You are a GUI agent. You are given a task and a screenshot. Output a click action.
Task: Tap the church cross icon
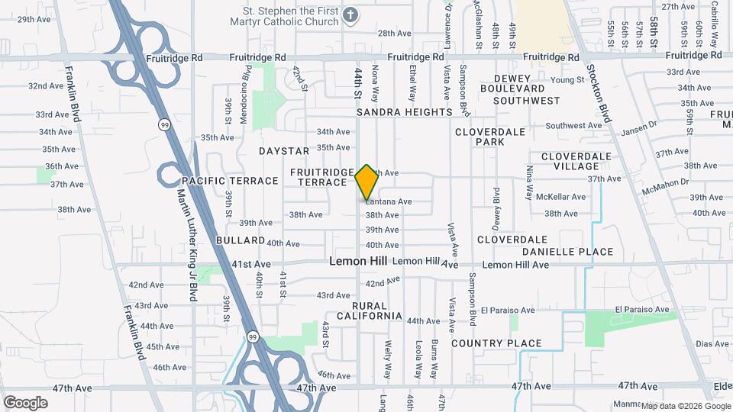coord(350,15)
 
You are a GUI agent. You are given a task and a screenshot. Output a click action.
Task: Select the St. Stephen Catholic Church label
coord(290,16)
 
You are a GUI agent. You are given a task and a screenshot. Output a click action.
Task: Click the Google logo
coord(25,402)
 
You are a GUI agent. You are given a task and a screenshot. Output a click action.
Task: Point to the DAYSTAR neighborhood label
coord(284,152)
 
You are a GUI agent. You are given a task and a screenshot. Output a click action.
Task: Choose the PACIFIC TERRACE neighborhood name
coord(230,181)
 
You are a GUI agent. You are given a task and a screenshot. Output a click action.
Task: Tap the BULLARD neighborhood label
coord(218,240)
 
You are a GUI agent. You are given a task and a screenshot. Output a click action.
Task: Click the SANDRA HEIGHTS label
coord(405,112)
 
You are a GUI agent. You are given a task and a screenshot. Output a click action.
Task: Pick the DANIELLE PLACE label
coord(568,252)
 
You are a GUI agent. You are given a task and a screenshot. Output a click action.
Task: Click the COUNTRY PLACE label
coord(496,343)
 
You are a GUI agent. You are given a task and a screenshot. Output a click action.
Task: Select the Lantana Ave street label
coord(389,201)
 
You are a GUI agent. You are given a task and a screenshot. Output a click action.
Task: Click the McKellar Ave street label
coord(560,197)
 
